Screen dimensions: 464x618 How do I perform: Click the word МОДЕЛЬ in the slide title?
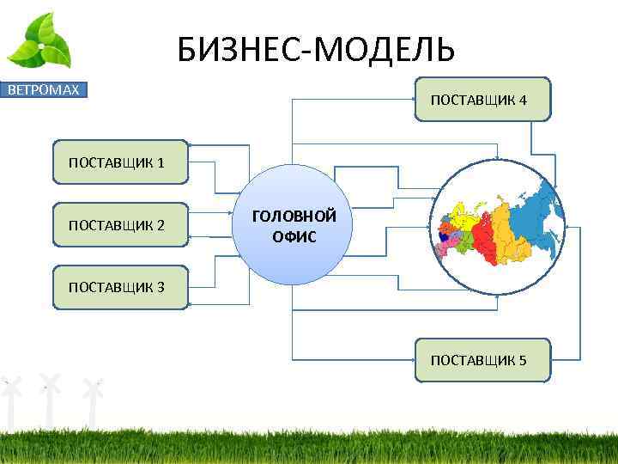click(385, 50)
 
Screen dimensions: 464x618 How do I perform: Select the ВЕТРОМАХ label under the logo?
click(44, 89)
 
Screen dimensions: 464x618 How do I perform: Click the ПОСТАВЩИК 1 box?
click(120, 162)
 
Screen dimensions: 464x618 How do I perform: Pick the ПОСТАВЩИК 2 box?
click(120, 225)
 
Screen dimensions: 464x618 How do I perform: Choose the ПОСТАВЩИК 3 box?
click(120, 288)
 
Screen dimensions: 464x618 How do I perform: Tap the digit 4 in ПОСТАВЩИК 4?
click(522, 101)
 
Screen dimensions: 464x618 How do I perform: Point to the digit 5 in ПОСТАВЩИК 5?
click(522, 359)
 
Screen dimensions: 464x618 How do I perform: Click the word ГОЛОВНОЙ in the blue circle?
click(294, 217)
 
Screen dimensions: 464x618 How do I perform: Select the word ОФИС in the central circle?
click(294, 236)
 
